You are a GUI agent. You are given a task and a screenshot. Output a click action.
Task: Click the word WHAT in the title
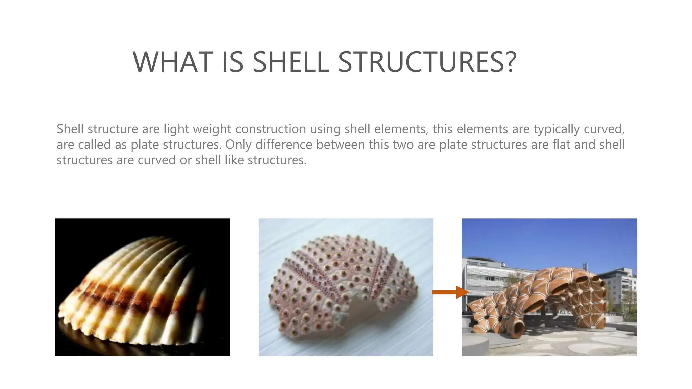coord(165,62)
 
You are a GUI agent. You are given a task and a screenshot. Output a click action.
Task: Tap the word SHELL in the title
coord(291,62)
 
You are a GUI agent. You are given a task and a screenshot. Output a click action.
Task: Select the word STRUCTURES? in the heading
coord(427,62)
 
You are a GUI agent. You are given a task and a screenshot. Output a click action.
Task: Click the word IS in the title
coord(232,62)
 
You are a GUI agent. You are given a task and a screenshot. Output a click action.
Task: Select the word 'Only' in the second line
coord(239,145)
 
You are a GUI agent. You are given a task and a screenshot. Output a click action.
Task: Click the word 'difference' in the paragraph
coord(284,145)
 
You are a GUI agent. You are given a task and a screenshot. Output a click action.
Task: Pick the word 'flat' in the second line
coord(562,145)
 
